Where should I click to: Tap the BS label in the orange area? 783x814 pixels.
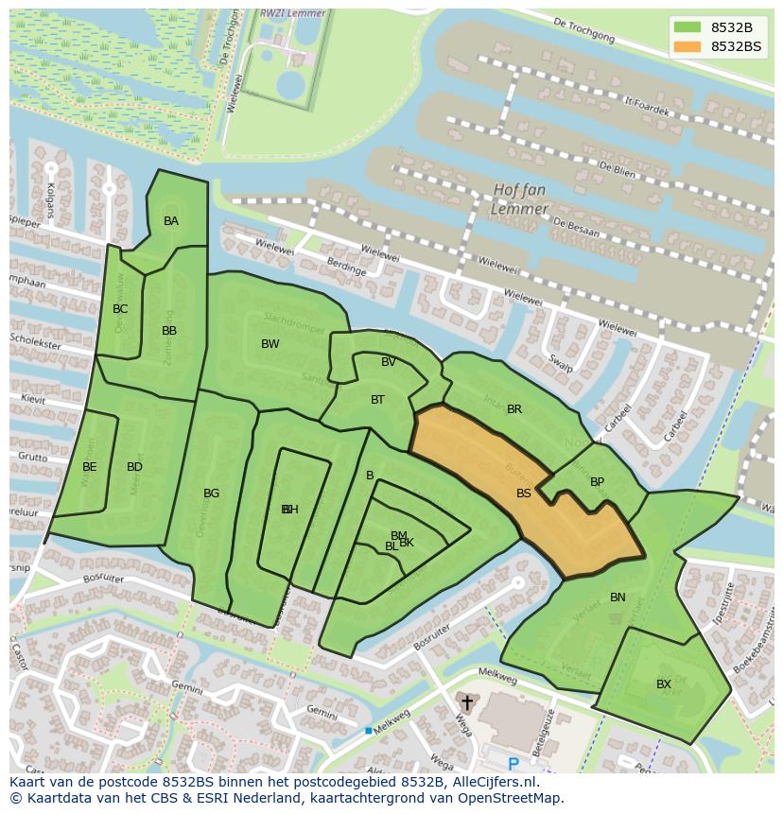[x=524, y=494]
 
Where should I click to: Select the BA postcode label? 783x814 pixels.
[x=171, y=221]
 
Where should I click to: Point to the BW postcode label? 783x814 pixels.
[x=270, y=344]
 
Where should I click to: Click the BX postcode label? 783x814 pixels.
[x=664, y=684]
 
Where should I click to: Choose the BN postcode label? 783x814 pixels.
[x=618, y=598]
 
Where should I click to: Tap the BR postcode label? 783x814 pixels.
[x=514, y=409]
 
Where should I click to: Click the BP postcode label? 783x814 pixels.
[x=597, y=482]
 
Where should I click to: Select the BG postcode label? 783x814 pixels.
[x=212, y=494]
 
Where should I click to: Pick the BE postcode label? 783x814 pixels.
[x=90, y=467]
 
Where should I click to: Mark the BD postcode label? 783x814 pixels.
[x=134, y=467]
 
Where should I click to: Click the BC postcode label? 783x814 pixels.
[x=120, y=309]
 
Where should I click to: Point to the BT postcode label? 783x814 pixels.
[x=377, y=400]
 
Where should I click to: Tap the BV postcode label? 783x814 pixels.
[x=389, y=362]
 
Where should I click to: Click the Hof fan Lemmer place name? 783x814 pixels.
[x=520, y=199]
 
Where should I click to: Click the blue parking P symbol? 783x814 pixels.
[x=513, y=763]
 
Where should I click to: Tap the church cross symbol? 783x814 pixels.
[x=466, y=703]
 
